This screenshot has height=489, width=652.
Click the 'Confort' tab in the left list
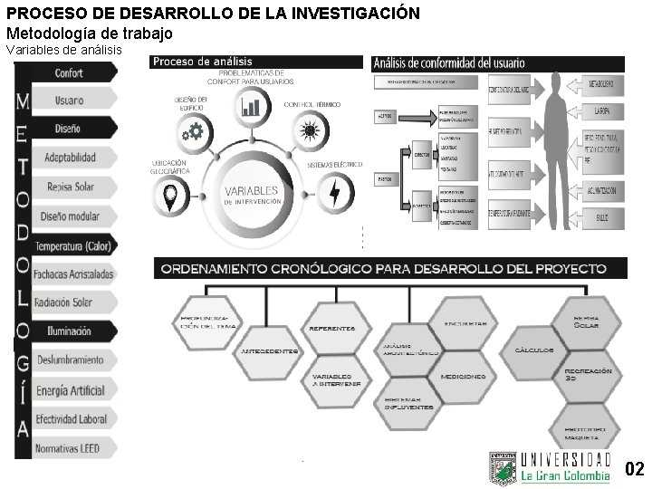pos(70,72)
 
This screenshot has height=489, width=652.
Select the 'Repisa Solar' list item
pos(70,187)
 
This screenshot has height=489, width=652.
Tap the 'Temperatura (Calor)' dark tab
pos(73,245)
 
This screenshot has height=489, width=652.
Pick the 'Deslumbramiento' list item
pos(70,360)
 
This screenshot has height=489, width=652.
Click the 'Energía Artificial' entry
pos(70,390)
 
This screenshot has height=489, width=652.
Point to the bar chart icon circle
pos(251,107)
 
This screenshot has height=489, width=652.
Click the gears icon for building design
pos(193,132)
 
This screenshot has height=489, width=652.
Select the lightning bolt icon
pos(336,192)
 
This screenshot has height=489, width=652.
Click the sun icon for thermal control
pos(310,132)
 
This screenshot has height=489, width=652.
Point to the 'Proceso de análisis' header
pos(202,62)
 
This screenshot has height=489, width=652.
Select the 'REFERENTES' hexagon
pos(332,329)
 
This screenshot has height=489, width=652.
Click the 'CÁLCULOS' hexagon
pos(534,350)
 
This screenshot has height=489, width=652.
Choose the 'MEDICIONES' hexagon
pos(463,376)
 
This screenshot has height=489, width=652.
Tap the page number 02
pos(635,468)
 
